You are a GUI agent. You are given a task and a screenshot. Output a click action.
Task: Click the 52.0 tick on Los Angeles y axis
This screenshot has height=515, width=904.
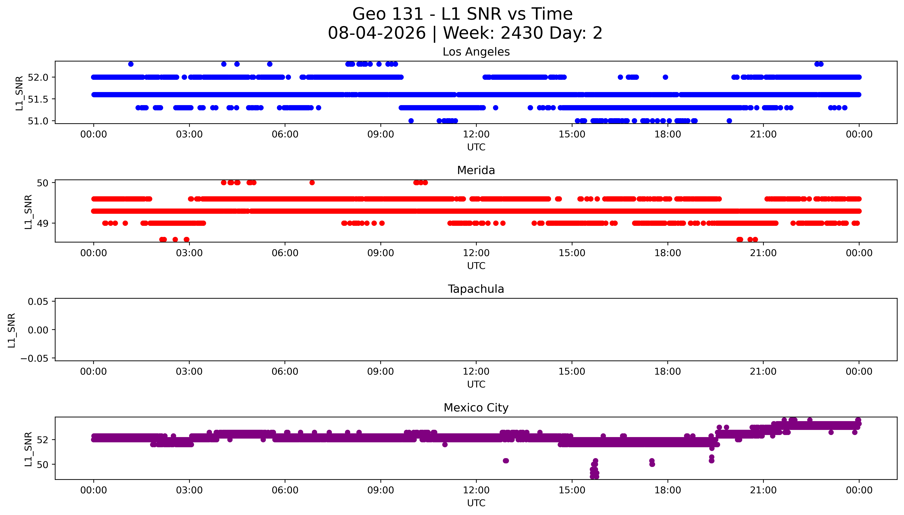click(x=38, y=77)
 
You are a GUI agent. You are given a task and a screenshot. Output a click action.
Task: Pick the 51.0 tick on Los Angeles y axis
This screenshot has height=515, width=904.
click(x=38, y=121)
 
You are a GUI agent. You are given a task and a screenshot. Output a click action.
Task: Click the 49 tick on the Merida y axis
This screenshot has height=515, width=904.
click(x=43, y=223)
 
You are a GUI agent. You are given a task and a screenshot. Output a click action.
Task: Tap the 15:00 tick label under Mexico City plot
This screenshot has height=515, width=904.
click(x=572, y=490)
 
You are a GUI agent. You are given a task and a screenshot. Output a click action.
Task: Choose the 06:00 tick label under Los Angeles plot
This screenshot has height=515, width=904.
click(x=285, y=134)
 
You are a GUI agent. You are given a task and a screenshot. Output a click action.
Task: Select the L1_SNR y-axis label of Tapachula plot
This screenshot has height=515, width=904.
click(x=12, y=330)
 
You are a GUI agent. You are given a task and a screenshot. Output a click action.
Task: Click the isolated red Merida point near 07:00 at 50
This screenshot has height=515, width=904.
click(x=312, y=183)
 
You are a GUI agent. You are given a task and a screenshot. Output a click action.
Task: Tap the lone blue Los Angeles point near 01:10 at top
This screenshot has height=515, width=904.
click(x=131, y=64)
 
